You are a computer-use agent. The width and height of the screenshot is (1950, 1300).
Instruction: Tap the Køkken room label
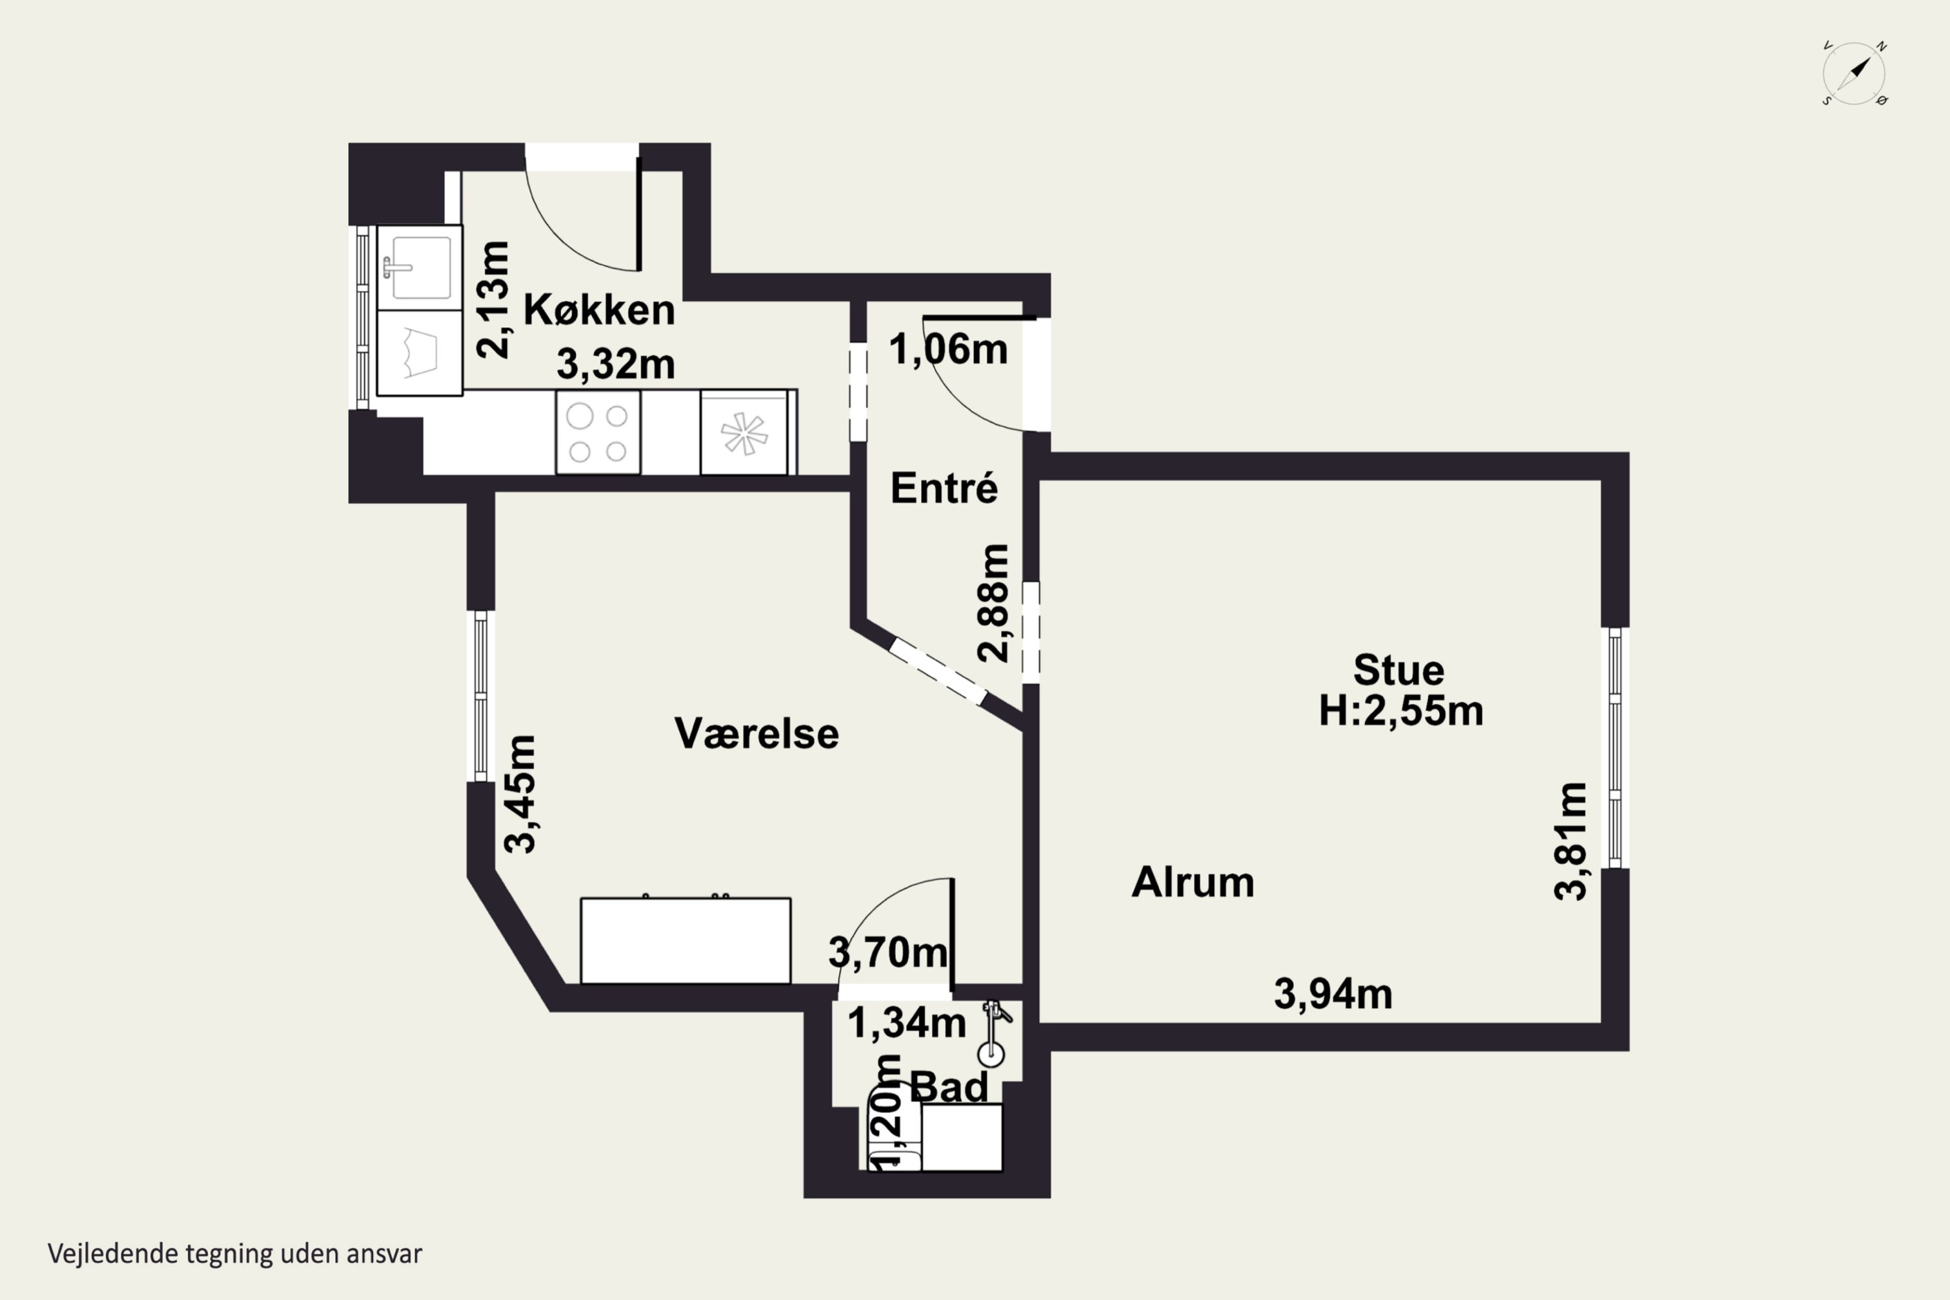click(599, 310)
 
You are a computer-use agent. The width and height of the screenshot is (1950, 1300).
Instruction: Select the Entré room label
click(944, 487)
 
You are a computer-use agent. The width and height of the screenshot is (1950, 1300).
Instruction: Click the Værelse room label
click(756, 733)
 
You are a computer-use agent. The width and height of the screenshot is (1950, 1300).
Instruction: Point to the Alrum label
click(1192, 881)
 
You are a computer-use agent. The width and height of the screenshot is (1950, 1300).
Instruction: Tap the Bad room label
click(949, 1086)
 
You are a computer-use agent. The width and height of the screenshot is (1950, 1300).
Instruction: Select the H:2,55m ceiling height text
click(1401, 710)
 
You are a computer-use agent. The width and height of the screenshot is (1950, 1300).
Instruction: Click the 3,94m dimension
click(1333, 993)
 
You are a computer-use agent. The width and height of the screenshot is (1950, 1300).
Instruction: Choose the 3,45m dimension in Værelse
click(520, 794)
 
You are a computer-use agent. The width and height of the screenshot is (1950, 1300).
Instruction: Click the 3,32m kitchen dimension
click(615, 363)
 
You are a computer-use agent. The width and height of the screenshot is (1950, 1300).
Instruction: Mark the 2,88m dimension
click(993, 603)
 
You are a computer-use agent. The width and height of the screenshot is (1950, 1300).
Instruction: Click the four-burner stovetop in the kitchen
click(598, 432)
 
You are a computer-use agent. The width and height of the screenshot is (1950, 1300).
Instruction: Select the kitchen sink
click(419, 268)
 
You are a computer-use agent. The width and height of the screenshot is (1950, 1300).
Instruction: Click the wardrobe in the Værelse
click(686, 939)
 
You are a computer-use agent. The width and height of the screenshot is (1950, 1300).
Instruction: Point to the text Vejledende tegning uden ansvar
click(235, 1253)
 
